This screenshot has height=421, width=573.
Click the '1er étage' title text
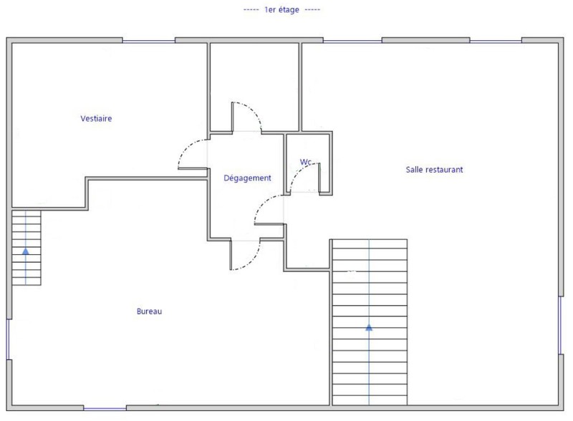pyautogui.click(x=281, y=10)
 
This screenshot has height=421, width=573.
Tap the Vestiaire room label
pyautogui.click(x=96, y=118)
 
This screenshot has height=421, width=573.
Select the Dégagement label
pyautogui.click(x=247, y=178)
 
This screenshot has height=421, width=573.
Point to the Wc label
pyautogui.click(x=306, y=162)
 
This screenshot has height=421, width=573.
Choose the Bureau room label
pyautogui.click(x=149, y=311)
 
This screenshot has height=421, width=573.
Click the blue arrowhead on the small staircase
pyautogui.click(x=26, y=251)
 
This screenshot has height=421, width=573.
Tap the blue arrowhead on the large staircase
pyautogui.click(x=369, y=327)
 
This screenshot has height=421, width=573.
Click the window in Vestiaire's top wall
pyautogui.click(x=149, y=41)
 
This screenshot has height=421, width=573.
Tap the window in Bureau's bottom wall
pyautogui.click(x=105, y=408)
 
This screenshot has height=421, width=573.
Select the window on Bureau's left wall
pyautogui.click(x=8, y=339)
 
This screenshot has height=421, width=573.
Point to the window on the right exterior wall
pyautogui.click(x=561, y=325)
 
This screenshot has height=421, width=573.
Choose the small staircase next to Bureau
pyautogui.click(x=27, y=248)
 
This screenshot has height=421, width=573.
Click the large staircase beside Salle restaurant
pyautogui.click(x=370, y=322)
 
